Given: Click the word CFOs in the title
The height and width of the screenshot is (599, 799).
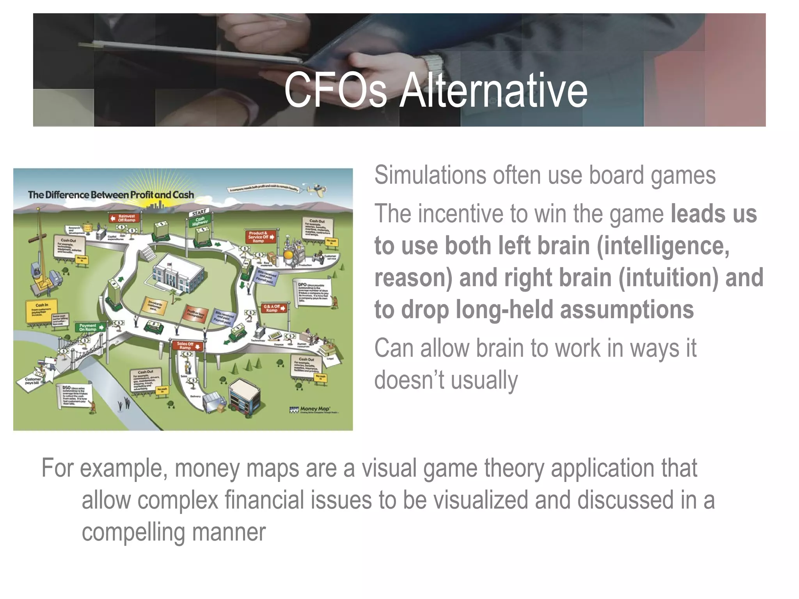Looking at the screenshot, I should pos(335,90).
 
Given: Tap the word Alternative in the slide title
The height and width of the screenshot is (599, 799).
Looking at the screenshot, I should pos(494,90).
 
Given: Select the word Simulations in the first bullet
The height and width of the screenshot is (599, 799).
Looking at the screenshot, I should pos(430,175).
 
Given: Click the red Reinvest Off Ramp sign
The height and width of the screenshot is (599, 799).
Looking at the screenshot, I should pos(124,218).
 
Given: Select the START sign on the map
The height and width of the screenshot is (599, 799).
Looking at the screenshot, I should pos(199,213).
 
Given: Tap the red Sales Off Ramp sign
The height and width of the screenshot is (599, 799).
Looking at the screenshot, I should pos(187,346).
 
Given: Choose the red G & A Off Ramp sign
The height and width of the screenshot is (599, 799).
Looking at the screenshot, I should pos(274,308).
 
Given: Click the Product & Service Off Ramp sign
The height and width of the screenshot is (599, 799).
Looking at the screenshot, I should pos(261,237).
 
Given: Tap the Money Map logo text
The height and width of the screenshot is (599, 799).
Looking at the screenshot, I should pos(314,409).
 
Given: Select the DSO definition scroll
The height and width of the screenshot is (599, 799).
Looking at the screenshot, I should pos(76,396).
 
